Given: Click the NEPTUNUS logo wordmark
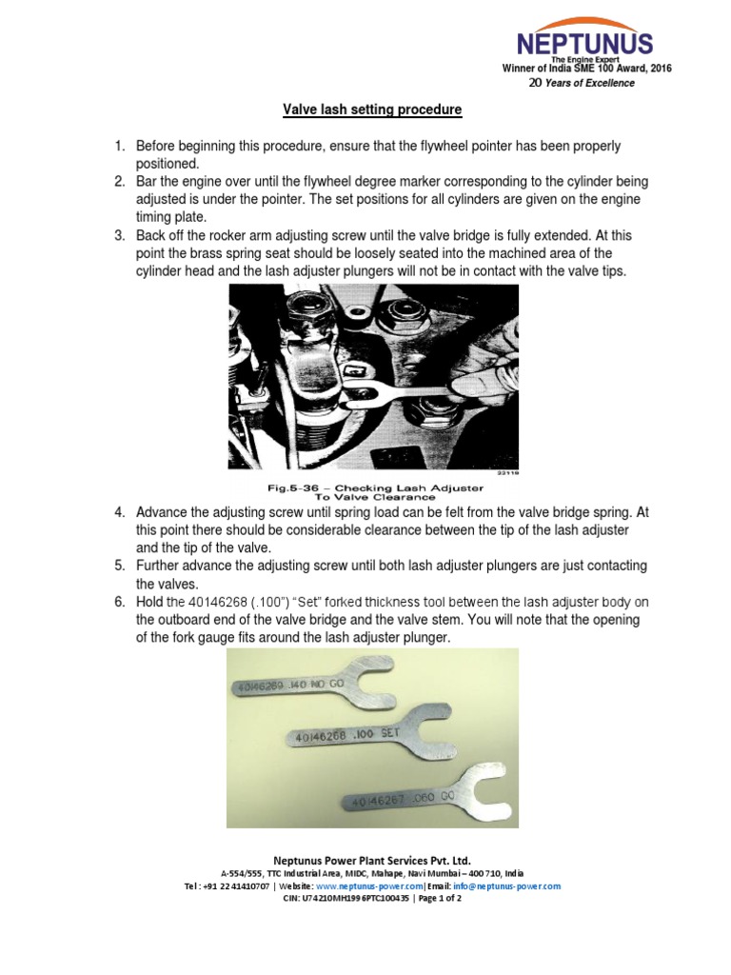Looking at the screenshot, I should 584,43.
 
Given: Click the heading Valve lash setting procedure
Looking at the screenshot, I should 372,110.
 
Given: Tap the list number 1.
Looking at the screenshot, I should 120,146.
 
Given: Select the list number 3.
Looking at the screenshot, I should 120,235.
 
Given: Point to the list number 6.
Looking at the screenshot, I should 120,602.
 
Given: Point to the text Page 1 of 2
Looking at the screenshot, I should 428,899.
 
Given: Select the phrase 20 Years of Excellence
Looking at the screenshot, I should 581,83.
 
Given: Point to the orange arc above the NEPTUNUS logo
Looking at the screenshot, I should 584,24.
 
